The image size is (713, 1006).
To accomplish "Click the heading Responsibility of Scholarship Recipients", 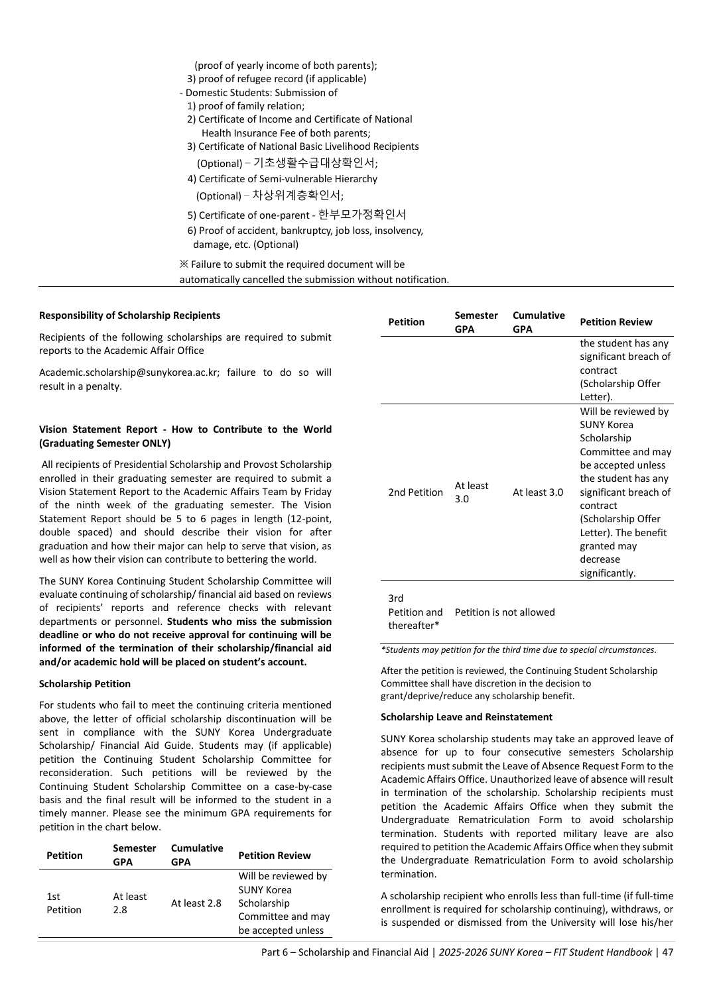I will click(130, 315).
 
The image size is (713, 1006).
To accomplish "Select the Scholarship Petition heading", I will click(85, 684).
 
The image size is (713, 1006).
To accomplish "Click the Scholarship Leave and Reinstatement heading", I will click(466, 717).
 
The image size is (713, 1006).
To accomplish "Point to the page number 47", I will click(667, 952).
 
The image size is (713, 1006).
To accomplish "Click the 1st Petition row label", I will click(64, 903).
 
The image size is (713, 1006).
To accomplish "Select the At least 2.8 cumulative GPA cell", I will click(196, 903).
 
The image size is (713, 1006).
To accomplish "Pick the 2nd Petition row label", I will click(415, 492).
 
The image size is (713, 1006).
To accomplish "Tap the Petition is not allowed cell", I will click(505, 612).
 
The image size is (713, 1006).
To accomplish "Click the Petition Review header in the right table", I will click(616, 322).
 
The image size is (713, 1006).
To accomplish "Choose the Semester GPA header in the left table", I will click(135, 855).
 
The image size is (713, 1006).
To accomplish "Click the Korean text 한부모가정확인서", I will click(362, 215).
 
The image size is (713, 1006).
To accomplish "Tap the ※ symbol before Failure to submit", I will click(184, 264).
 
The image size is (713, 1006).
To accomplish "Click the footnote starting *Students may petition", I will click(519, 650).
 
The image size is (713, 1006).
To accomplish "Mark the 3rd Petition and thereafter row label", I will click(415, 612).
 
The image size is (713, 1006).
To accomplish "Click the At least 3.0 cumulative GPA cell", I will click(538, 492).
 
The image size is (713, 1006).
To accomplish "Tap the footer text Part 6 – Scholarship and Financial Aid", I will click(345, 952).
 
